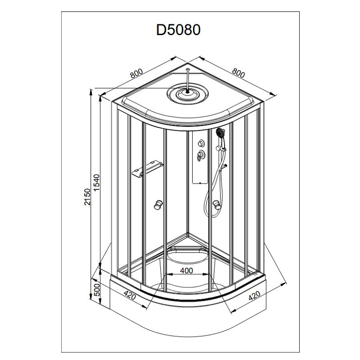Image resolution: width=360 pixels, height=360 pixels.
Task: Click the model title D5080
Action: [178, 30]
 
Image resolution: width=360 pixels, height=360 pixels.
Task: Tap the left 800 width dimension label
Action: [136, 73]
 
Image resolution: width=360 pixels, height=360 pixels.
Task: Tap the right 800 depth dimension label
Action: [238, 73]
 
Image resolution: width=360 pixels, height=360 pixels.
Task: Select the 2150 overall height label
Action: [87, 197]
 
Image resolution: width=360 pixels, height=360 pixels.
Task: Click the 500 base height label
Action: [97, 290]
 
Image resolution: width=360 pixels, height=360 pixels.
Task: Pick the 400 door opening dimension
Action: [186, 271]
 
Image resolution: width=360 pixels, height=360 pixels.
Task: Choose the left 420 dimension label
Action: [130, 295]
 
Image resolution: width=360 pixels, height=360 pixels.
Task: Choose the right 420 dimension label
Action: [254, 296]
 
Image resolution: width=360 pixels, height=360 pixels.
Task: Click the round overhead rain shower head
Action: [188, 94]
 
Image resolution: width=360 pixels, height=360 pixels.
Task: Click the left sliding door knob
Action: [158, 205]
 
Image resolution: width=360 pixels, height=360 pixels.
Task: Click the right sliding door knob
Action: [217, 205]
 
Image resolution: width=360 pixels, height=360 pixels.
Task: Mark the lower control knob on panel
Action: [201, 154]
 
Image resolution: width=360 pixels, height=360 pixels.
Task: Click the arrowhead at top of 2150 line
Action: [91, 92]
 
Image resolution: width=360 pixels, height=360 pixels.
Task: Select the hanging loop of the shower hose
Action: [211, 207]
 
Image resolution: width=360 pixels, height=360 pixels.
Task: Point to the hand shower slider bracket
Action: [220, 149]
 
